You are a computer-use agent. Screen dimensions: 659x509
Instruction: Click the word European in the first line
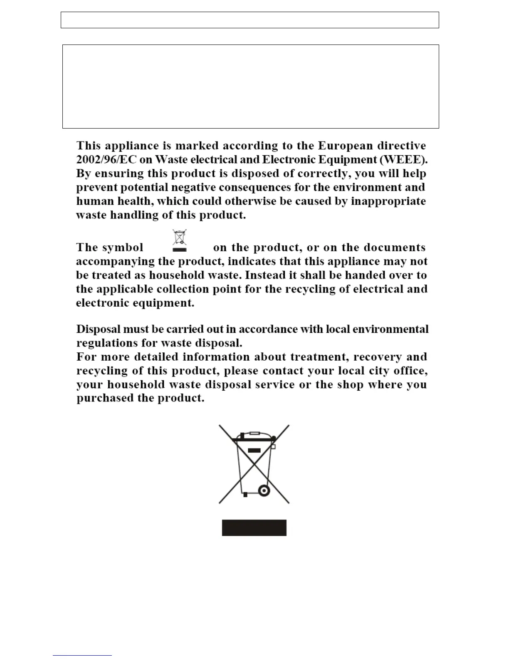pyautogui.click(x=345, y=146)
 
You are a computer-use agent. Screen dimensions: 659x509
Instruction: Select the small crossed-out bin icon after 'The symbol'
pyautogui.click(x=180, y=240)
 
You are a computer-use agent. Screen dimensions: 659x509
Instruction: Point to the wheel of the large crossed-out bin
pyautogui.click(x=264, y=491)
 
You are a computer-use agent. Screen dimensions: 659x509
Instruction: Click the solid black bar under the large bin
pyautogui.click(x=254, y=528)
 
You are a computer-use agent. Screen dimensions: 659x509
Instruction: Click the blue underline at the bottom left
pyautogui.click(x=82, y=655)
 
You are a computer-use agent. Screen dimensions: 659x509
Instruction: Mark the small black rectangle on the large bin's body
pyautogui.click(x=254, y=450)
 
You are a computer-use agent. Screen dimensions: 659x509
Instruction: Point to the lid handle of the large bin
pyautogui.click(x=254, y=433)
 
